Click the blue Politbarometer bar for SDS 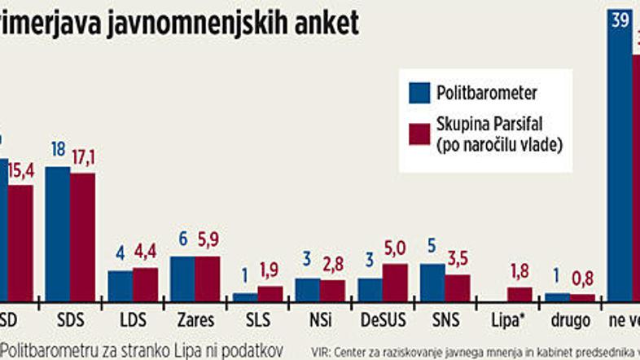tap(57, 234)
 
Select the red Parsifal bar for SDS tap(82, 237)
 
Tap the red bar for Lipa tap(519, 293)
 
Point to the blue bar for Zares tap(182, 279)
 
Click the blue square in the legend tap(419, 92)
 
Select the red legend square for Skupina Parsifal tap(419, 134)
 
